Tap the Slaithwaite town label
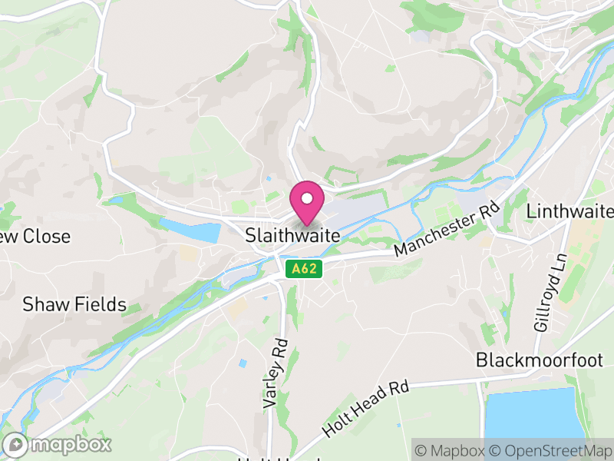pyautogui.click(x=292, y=237)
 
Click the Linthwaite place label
pyautogui.click(x=570, y=211)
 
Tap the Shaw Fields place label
pyautogui.click(x=74, y=304)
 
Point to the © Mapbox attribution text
pyautogui.click(x=450, y=450)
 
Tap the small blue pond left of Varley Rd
pyautogui.click(x=243, y=363)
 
